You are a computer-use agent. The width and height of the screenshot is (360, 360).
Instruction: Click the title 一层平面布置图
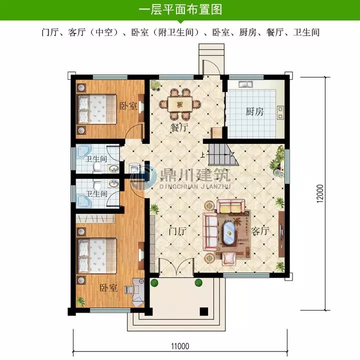click(x=179, y=9)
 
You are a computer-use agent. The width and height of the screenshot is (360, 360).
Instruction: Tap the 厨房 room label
click(x=254, y=112)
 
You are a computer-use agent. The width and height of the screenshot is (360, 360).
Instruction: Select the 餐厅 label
click(x=179, y=127)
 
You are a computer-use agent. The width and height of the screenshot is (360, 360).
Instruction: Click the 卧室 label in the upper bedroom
click(x=128, y=106)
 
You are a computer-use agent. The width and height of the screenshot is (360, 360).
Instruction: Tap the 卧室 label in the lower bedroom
click(x=108, y=288)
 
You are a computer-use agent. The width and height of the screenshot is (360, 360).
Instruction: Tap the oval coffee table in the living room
click(x=229, y=233)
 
